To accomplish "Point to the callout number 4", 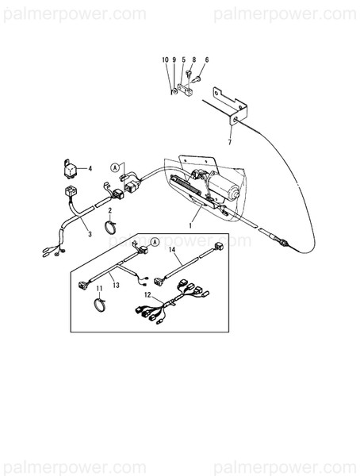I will (90, 168).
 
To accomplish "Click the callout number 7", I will (229, 142).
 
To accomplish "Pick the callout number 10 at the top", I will (166, 60).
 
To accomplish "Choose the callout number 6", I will (206, 60).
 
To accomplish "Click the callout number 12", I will (146, 294).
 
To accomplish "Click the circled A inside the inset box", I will (154, 240).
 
